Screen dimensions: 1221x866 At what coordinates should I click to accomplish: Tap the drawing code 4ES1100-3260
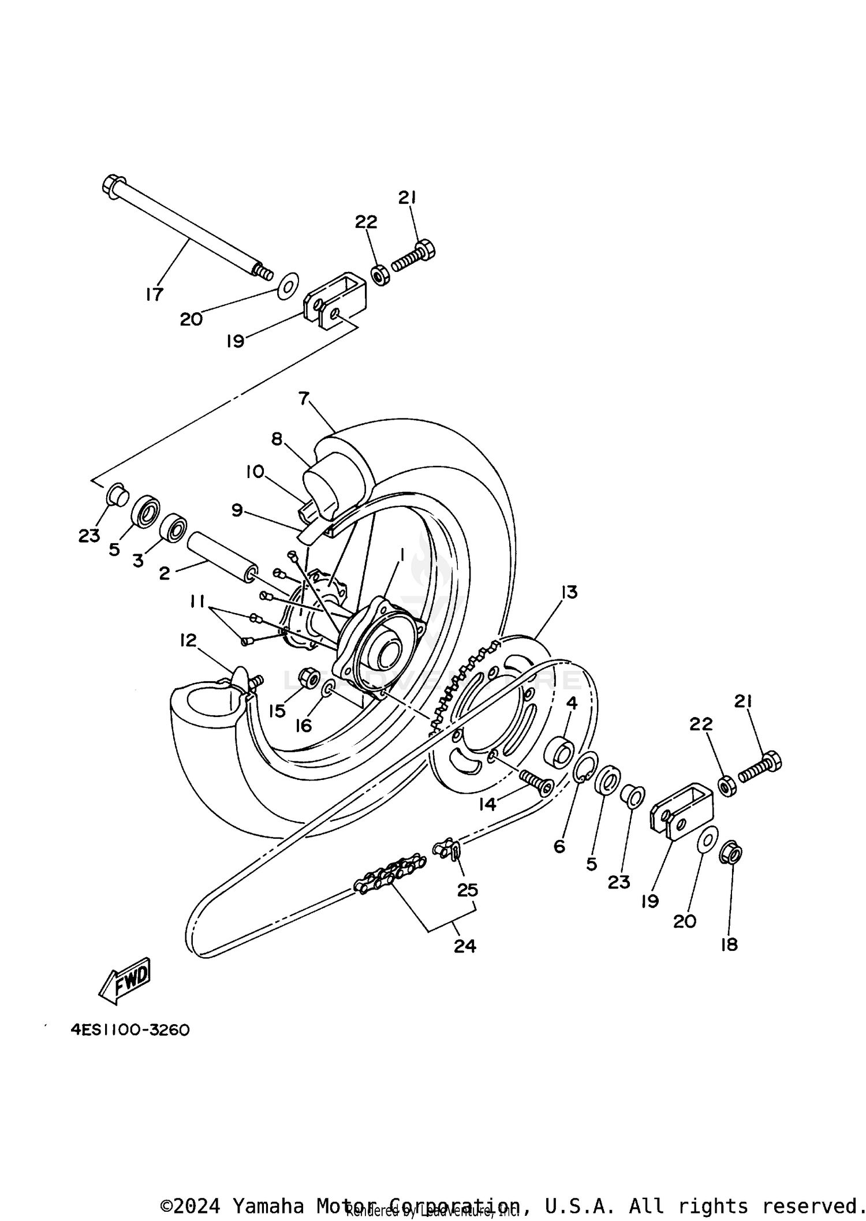[x=130, y=1030]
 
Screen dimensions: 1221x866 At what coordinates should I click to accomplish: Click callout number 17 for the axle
[x=154, y=294]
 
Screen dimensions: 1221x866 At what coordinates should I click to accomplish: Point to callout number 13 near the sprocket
[x=569, y=592]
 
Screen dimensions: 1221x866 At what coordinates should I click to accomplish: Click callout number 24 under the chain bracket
[x=465, y=946]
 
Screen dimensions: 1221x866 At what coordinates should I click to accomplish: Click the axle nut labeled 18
[x=730, y=854]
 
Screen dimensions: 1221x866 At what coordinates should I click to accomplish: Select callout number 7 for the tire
[x=304, y=398]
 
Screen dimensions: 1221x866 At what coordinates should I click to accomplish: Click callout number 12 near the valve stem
[x=188, y=640]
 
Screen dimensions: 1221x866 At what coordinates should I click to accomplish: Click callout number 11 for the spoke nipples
[x=198, y=602]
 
